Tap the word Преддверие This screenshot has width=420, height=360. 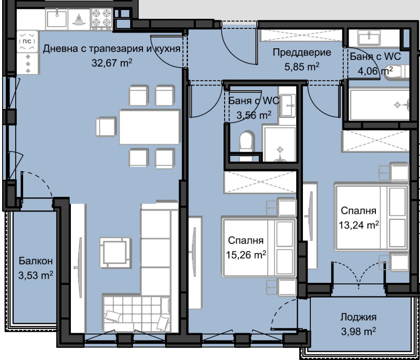[301, 52]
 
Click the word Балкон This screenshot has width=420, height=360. [36, 261]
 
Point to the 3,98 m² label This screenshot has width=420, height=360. [358, 331]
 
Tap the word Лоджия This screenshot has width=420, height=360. [358, 317]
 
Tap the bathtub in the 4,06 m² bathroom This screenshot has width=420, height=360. [378, 104]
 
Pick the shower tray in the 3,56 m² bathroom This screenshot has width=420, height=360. [280, 144]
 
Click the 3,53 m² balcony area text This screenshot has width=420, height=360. [36, 274]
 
